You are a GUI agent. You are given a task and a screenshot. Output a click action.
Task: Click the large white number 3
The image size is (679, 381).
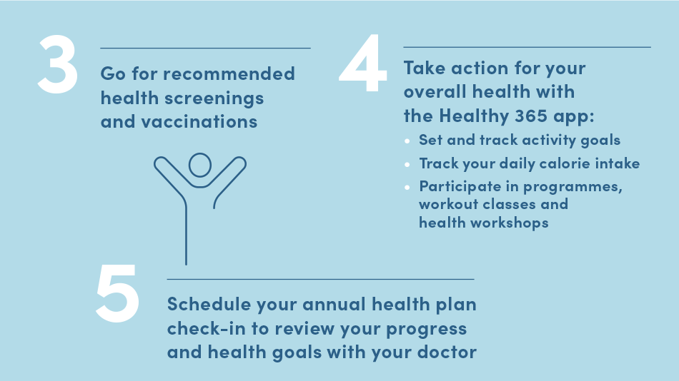point(58,64)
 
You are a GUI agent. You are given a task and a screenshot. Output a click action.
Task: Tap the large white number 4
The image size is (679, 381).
point(363,63)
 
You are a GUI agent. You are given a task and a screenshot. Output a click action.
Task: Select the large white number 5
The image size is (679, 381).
point(117,293)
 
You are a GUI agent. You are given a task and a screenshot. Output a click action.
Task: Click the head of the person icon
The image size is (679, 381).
point(200,165)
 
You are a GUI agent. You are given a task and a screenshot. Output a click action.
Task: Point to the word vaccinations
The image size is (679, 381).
point(199,121)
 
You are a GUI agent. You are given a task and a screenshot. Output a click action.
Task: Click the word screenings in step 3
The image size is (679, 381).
point(214,98)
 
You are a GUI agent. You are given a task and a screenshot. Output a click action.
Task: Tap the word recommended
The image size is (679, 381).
point(229,74)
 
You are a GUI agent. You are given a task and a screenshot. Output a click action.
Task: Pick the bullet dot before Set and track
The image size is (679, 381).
point(407,141)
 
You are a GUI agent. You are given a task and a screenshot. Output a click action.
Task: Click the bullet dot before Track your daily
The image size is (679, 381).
point(407,164)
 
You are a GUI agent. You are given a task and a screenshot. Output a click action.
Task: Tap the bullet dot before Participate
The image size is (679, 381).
point(407,187)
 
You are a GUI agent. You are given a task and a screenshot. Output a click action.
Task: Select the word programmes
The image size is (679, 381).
point(573,187)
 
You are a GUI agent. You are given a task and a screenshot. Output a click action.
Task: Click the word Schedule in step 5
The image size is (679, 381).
point(209,304)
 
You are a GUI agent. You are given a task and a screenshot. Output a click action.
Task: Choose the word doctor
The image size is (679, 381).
point(447,352)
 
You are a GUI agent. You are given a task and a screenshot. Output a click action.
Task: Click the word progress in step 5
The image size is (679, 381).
point(426,330)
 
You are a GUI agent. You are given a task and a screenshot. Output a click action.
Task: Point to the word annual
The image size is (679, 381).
point(334,305)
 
